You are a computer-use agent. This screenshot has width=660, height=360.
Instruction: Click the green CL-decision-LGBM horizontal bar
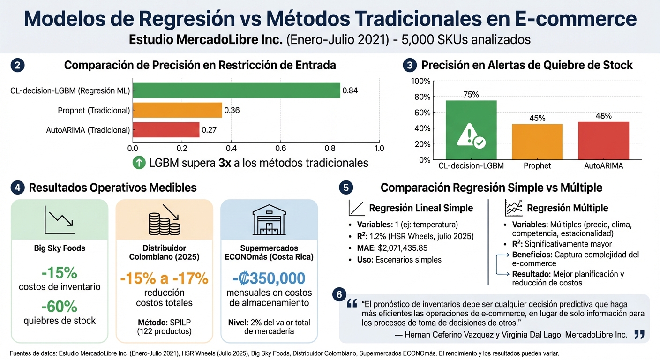point(236,90)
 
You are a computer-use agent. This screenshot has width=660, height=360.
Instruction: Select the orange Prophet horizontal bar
point(177,110)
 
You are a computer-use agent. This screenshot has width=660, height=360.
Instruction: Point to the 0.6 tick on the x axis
point(280,149)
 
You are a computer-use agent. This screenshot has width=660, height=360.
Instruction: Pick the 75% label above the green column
point(471,95)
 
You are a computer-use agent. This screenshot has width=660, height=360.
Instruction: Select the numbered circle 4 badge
point(17,188)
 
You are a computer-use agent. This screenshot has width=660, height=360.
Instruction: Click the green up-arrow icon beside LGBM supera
point(139,163)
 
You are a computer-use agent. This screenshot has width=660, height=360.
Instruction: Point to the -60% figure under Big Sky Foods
point(60,307)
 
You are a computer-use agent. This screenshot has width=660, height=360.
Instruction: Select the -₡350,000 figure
point(269,278)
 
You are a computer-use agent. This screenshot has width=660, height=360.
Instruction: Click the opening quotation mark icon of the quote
point(352,304)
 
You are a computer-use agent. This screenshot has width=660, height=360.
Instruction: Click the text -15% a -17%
point(164,278)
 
